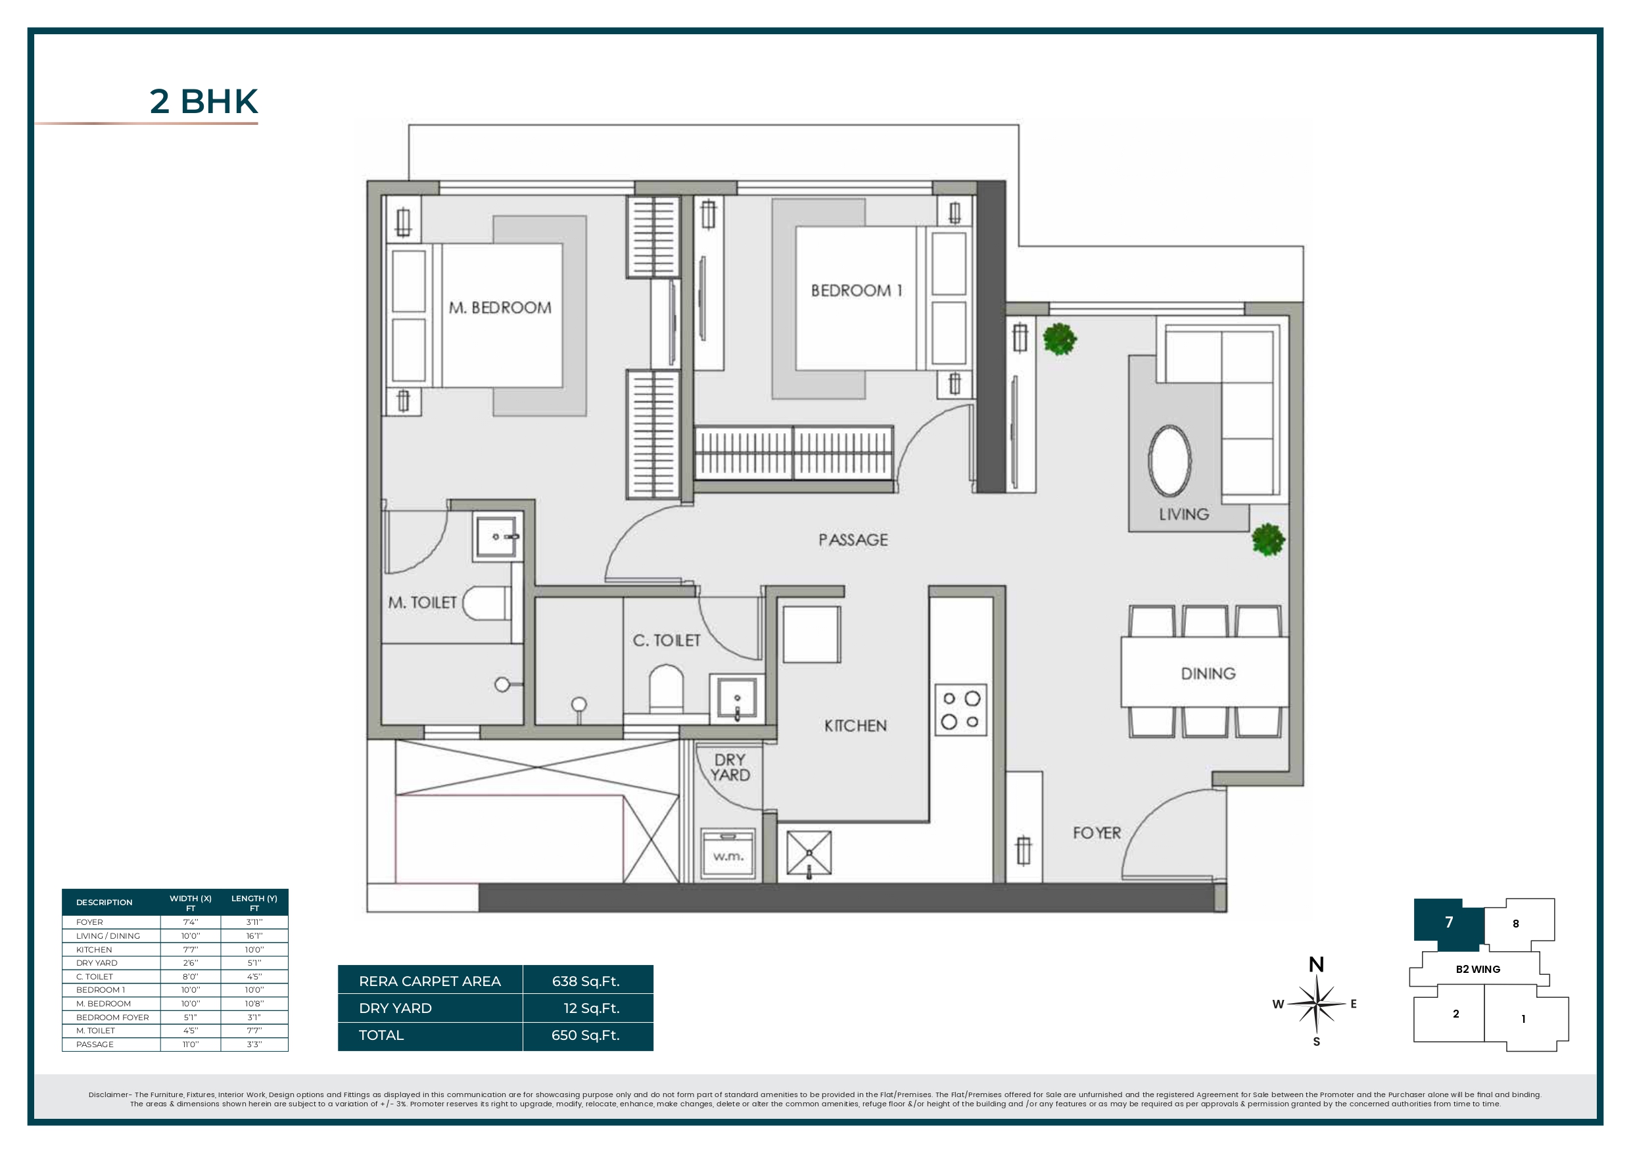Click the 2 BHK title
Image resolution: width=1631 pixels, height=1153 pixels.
pyautogui.click(x=203, y=102)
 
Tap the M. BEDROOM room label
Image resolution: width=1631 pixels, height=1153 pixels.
pyautogui.click(x=500, y=308)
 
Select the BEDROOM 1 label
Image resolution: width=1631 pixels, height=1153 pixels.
pyautogui.click(x=856, y=291)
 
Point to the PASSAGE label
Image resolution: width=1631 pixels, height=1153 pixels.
pyautogui.click(x=853, y=540)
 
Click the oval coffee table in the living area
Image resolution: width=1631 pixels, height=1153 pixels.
pyautogui.click(x=1170, y=461)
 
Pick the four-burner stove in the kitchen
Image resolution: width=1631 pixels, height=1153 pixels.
pyautogui.click(x=960, y=710)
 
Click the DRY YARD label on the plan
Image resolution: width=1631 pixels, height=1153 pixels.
pyautogui.click(x=730, y=767)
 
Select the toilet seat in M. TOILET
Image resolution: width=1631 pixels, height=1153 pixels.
pyautogui.click(x=486, y=604)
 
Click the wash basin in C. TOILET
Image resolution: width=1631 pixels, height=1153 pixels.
pyautogui.click(x=737, y=697)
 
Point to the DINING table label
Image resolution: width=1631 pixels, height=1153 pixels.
pyautogui.click(x=1208, y=674)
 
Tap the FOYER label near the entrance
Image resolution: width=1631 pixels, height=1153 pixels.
pyautogui.click(x=1097, y=833)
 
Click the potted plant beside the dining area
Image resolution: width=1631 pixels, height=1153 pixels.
pyautogui.click(x=1268, y=540)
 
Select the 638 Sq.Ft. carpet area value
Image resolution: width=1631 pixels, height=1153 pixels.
pyautogui.click(x=586, y=981)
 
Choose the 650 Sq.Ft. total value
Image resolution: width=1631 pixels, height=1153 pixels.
pyautogui.click(x=586, y=1035)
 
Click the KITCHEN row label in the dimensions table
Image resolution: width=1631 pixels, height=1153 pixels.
pyautogui.click(x=94, y=950)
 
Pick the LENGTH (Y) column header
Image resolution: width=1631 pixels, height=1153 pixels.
pyautogui.click(x=254, y=903)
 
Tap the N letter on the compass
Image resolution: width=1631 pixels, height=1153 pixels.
pyautogui.click(x=1316, y=965)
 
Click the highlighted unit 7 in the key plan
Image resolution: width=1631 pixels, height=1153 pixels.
pyautogui.click(x=1449, y=922)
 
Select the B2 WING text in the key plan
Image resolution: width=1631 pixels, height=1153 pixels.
pyautogui.click(x=1478, y=969)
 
